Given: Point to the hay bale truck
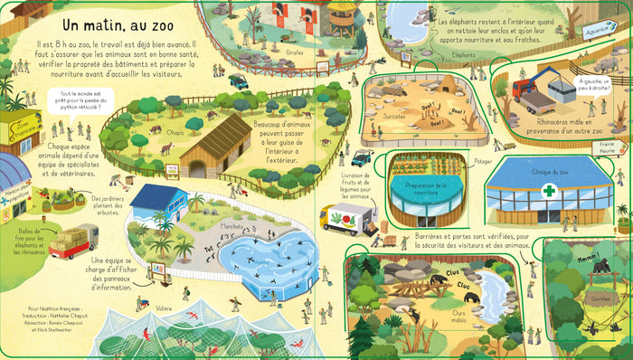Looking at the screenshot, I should (72, 241).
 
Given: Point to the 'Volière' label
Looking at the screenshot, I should (163, 308).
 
